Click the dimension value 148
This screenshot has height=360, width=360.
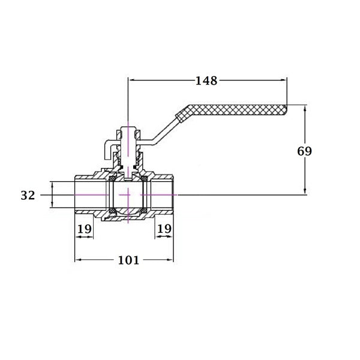coord(206,80)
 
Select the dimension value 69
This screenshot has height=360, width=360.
coord(304,151)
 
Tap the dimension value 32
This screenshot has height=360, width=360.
coord(28,196)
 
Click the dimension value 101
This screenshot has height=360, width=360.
coord(128,260)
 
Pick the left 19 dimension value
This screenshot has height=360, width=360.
coord(85,229)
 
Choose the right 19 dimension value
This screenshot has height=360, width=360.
coord(164,229)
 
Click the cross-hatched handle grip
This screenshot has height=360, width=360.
coord(231,112)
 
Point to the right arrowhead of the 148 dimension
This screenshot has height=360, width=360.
coord(284,80)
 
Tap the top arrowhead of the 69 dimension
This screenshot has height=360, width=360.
coord(305,109)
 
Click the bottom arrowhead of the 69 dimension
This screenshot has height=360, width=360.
coord(305,191)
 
